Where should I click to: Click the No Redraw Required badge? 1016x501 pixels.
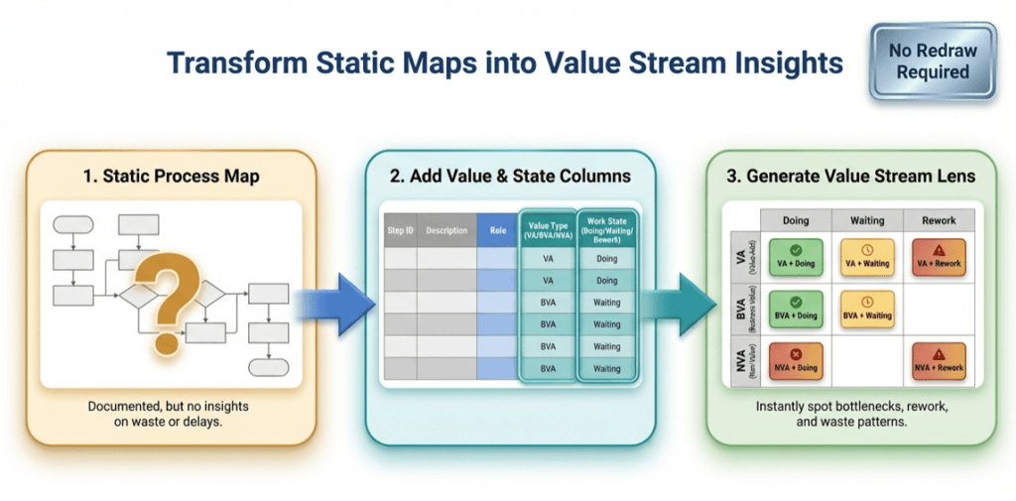pyautogui.click(x=932, y=62)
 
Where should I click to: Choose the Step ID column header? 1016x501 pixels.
pyautogui.click(x=400, y=231)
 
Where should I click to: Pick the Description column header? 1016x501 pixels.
pyautogui.click(x=446, y=231)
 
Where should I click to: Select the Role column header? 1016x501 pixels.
pyautogui.click(x=497, y=231)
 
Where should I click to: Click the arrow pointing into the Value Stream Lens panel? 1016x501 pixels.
pyautogui.click(x=684, y=304)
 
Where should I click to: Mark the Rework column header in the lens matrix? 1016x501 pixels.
pyautogui.click(x=938, y=220)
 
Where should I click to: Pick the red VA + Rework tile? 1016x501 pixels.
pyautogui.click(x=938, y=256)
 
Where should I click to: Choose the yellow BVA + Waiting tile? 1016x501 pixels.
pyautogui.click(x=867, y=308)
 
